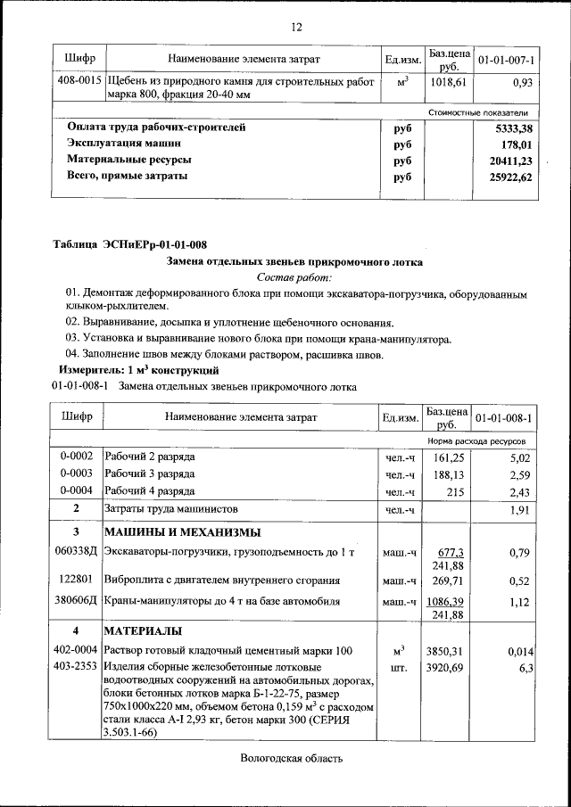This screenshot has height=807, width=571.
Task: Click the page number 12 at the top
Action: point(296,26)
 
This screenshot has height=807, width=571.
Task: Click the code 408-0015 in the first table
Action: point(78,81)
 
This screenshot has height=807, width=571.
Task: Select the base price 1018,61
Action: point(449,81)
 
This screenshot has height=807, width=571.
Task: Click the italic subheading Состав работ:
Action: point(294,278)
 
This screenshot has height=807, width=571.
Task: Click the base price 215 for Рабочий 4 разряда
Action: point(455,491)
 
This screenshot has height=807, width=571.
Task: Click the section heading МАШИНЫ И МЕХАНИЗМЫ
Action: point(183,532)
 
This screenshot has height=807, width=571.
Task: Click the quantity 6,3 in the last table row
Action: point(525,667)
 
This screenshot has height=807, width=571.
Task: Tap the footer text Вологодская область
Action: point(291,760)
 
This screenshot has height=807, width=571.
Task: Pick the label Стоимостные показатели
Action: point(478,112)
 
